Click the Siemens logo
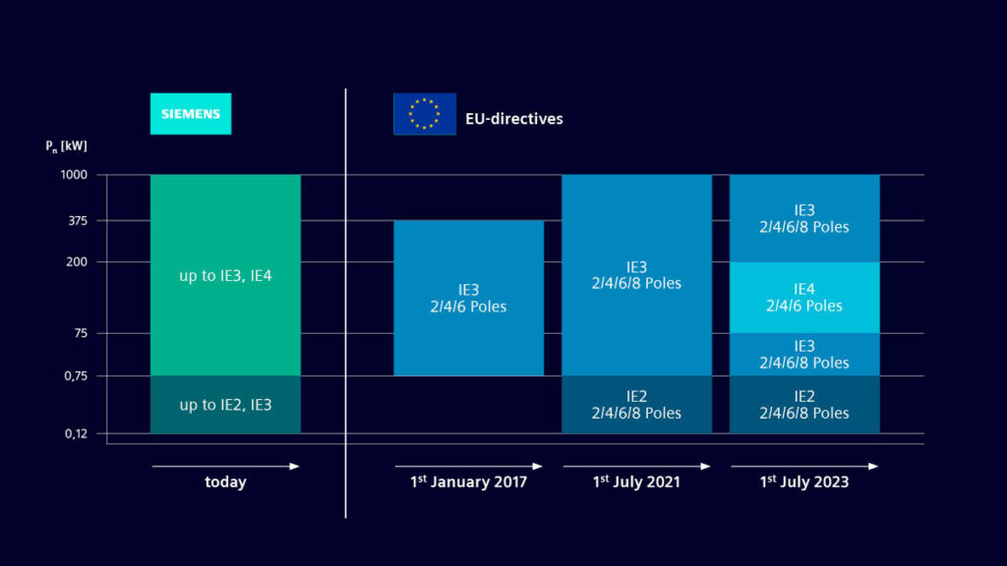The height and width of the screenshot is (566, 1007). (190, 113)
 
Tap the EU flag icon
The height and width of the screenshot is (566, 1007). (424, 113)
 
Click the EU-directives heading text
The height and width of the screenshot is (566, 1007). (514, 119)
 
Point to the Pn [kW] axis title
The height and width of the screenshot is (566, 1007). (65, 146)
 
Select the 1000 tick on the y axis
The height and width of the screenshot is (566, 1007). (74, 175)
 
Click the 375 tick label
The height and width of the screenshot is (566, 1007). (77, 220)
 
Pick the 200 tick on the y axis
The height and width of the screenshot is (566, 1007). (77, 262)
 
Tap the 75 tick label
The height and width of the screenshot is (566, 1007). (80, 333)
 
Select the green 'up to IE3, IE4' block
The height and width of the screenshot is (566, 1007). (225, 275)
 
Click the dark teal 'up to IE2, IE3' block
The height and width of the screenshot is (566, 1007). (225, 405)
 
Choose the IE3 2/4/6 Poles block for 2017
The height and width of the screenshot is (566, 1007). (468, 298)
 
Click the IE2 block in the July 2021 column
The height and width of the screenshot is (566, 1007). (636, 405)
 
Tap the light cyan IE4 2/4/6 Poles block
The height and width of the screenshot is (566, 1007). (803, 297)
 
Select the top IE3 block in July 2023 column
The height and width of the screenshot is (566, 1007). (803, 218)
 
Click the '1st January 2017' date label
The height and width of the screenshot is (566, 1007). (468, 482)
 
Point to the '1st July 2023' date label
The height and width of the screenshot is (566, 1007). (803, 482)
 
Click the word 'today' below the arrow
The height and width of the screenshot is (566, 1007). (225, 482)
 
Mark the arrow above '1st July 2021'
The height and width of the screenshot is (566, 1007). (636, 466)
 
